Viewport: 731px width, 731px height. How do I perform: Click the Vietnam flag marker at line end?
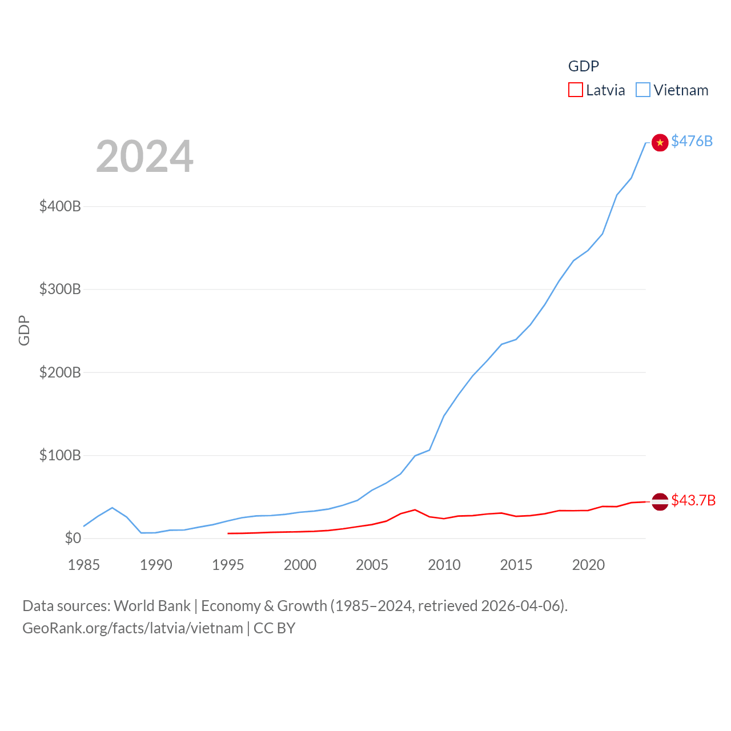click(660, 142)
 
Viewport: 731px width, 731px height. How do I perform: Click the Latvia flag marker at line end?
click(660, 501)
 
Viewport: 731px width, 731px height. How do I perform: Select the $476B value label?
click(692, 141)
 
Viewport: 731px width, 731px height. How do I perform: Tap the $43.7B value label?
click(693, 500)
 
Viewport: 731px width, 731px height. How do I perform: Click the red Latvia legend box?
click(575, 90)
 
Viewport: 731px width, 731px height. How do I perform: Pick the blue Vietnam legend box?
click(642, 90)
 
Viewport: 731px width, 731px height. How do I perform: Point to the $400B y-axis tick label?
click(60, 206)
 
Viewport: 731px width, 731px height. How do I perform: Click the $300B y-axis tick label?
click(60, 289)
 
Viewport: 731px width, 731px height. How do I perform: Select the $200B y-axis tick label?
click(60, 372)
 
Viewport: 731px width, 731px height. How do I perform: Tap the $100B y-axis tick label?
click(60, 455)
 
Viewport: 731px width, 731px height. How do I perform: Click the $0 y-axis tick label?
click(73, 538)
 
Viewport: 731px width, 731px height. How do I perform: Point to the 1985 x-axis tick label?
click(83, 565)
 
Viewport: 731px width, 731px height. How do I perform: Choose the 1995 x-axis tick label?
click(228, 565)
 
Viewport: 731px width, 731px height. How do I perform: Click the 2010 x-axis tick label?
click(444, 565)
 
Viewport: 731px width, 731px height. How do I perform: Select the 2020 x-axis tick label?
click(588, 565)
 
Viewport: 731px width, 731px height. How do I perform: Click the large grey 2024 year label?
click(144, 156)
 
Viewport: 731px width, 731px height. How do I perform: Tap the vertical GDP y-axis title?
click(24, 330)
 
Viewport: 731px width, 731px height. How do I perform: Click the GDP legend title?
click(583, 66)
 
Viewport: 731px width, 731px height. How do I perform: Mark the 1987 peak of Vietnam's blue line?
click(113, 508)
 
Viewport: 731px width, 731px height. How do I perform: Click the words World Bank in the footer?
click(152, 605)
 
